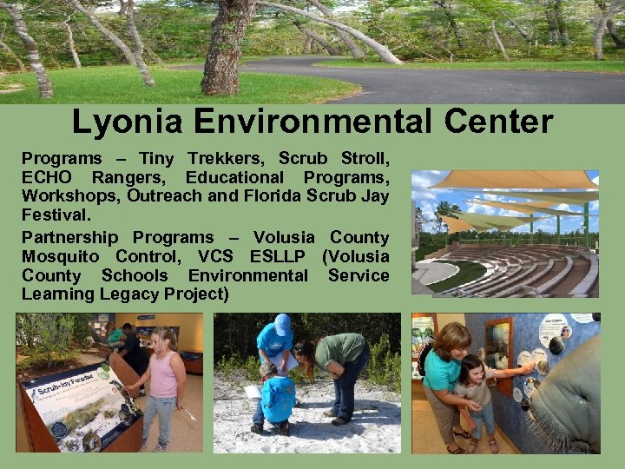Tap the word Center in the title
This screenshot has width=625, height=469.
click(x=497, y=122)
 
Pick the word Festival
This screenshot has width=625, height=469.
click(x=56, y=216)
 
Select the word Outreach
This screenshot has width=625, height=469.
click(x=170, y=197)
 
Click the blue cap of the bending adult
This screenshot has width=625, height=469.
click(x=282, y=324)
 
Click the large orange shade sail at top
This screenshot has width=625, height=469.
click(x=512, y=180)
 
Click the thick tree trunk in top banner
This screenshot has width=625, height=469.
click(x=227, y=48)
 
